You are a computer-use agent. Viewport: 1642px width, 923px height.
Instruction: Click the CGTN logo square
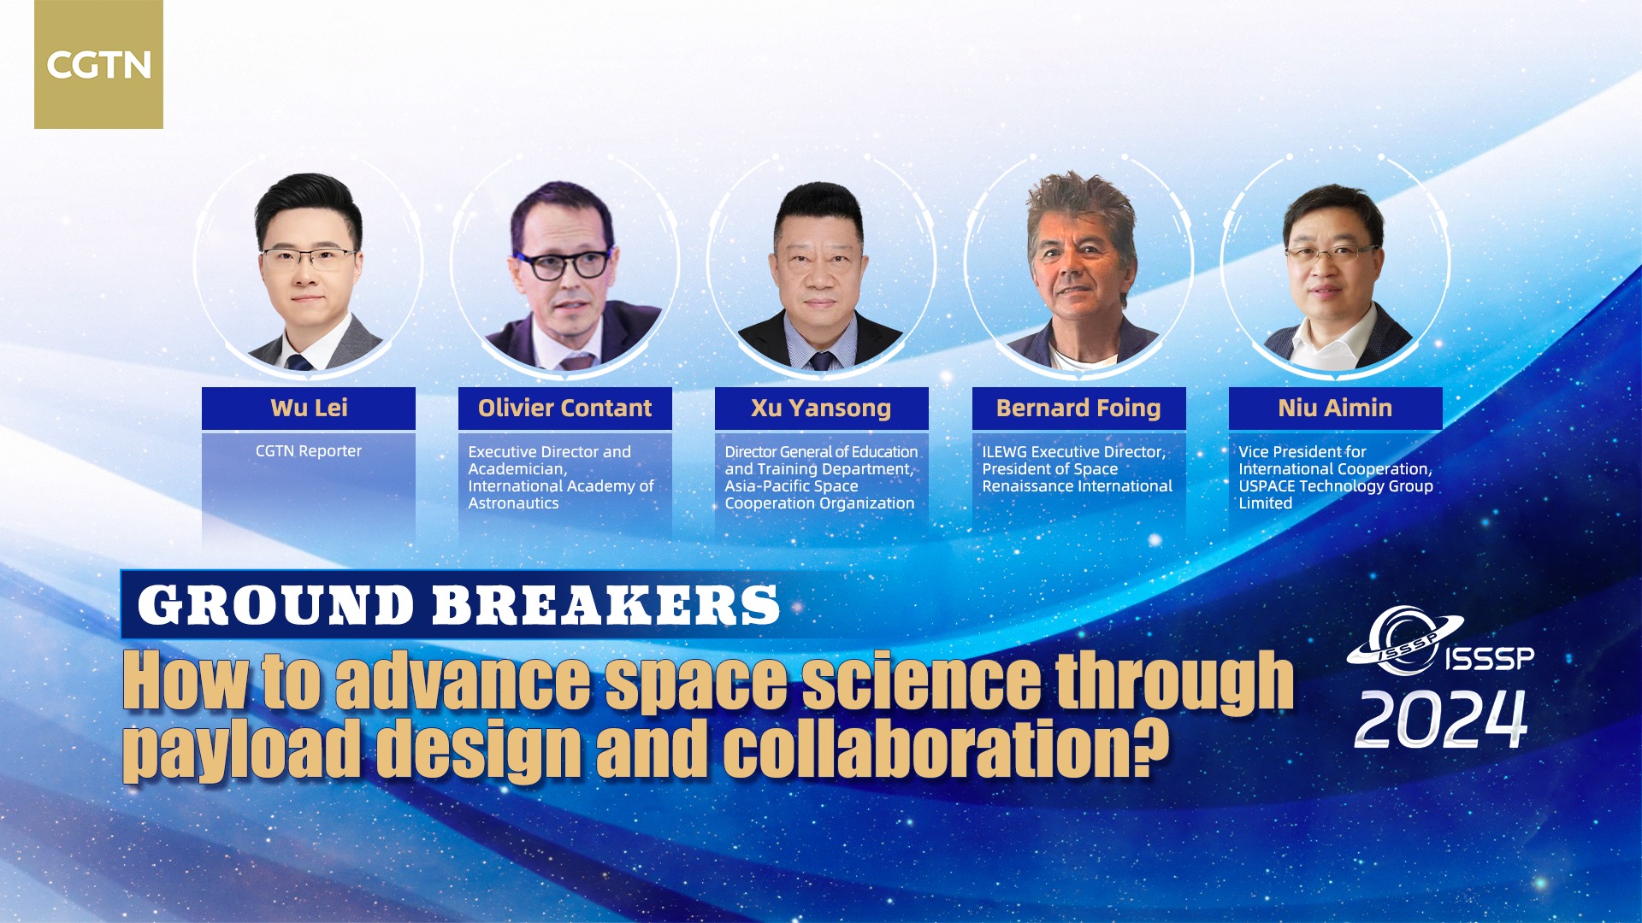pyautogui.click(x=98, y=64)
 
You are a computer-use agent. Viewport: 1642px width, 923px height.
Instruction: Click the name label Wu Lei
pyautogui.click(x=309, y=408)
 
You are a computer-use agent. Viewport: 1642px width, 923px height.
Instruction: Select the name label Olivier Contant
pyautogui.click(x=565, y=408)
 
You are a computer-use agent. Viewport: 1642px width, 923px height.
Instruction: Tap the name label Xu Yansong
pyautogui.click(x=822, y=408)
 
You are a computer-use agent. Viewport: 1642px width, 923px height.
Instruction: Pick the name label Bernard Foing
pyautogui.click(x=1078, y=408)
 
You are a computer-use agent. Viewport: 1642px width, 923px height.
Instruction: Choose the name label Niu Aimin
pyautogui.click(x=1335, y=408)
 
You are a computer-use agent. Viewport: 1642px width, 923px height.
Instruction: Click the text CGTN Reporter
pyautogui.click(x=309, y=451)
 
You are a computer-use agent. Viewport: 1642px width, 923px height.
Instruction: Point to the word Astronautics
pyautogui.click(x=513, y=503)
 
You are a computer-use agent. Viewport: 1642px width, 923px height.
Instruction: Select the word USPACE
pyautogui.click(x=1267, y=486)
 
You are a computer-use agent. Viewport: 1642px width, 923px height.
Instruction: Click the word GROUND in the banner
pyautogui.click(x=276, y=605)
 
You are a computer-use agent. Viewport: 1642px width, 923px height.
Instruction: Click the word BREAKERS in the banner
pyautogui.click(x=605, y=605)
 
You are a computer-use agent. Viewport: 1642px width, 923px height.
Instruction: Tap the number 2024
pyautogui.click(x=1441, y=720)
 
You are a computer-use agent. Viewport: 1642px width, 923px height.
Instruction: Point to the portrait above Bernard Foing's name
pyautogui.click(x=1079, y=269)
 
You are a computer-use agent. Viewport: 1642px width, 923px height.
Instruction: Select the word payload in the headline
pyautogui.click(x=242, y=750)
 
